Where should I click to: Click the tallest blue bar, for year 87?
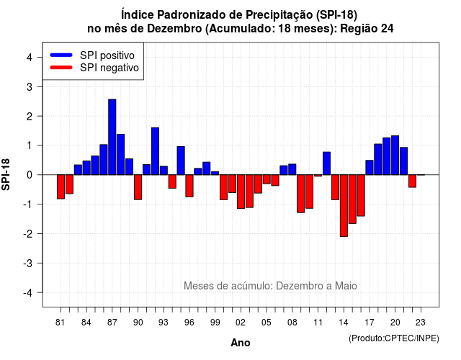112,137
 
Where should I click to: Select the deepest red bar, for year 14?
344,206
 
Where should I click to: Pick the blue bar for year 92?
156,151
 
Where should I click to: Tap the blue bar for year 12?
326,163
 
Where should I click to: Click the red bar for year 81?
61,187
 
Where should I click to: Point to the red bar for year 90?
138,187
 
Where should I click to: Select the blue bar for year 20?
395,156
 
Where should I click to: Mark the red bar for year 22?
413,181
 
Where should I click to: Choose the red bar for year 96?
189,186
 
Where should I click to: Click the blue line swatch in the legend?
61,55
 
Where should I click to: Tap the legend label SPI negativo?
109,68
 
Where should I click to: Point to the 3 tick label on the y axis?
29,86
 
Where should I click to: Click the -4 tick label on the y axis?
28,293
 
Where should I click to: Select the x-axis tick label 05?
267,323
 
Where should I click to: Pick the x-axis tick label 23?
421,323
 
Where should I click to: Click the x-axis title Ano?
241,343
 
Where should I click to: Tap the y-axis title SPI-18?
6,175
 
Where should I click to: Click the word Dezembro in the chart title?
174,29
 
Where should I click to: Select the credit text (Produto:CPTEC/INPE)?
394,338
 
